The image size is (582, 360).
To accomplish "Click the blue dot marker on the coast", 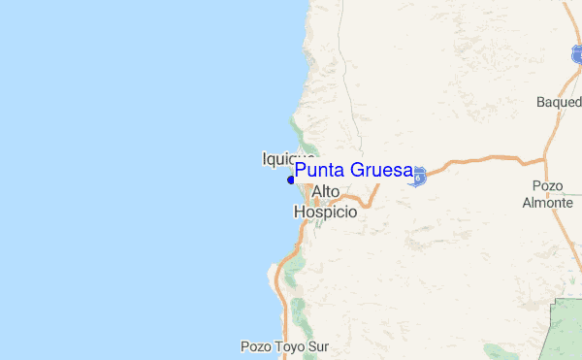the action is click(291, 180).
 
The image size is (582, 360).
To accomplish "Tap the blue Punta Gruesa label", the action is click(354, 171).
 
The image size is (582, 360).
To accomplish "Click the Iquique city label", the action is click(288, 158).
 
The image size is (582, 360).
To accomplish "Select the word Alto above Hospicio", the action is click(326, 192).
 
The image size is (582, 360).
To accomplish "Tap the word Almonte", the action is click(547, 203).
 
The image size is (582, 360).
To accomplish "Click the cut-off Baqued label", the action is click(558, 102).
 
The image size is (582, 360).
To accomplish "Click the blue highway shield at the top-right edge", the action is click(578, 55).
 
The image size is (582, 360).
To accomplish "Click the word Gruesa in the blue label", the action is click(381, 171).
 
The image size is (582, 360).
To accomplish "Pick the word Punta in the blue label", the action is click(320, 171).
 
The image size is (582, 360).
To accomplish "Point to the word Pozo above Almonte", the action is click(548, 186).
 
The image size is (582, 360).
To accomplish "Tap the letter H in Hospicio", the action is click(299, 212).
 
